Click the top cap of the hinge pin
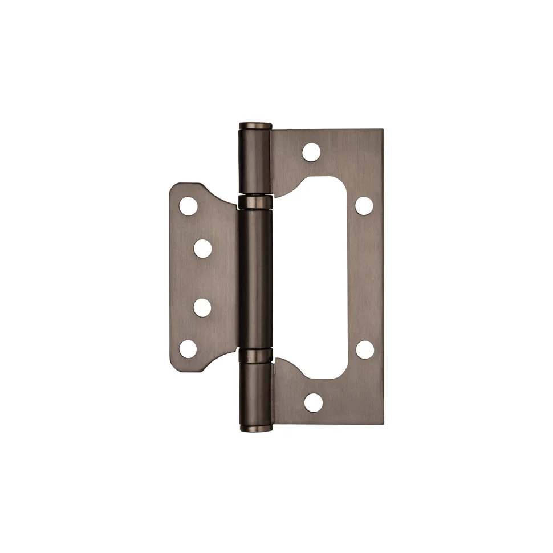255,126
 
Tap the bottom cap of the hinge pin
255,427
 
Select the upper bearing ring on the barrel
255,201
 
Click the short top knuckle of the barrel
255,162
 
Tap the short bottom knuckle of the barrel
255,393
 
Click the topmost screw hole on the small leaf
188,206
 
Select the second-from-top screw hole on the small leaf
202,248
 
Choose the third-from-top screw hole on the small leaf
202,307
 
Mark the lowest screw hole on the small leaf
188,349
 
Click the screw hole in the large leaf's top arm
311,151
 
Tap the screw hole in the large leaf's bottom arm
313,402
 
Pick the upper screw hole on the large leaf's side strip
364,205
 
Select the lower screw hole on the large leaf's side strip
365,349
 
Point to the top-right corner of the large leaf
383,131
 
